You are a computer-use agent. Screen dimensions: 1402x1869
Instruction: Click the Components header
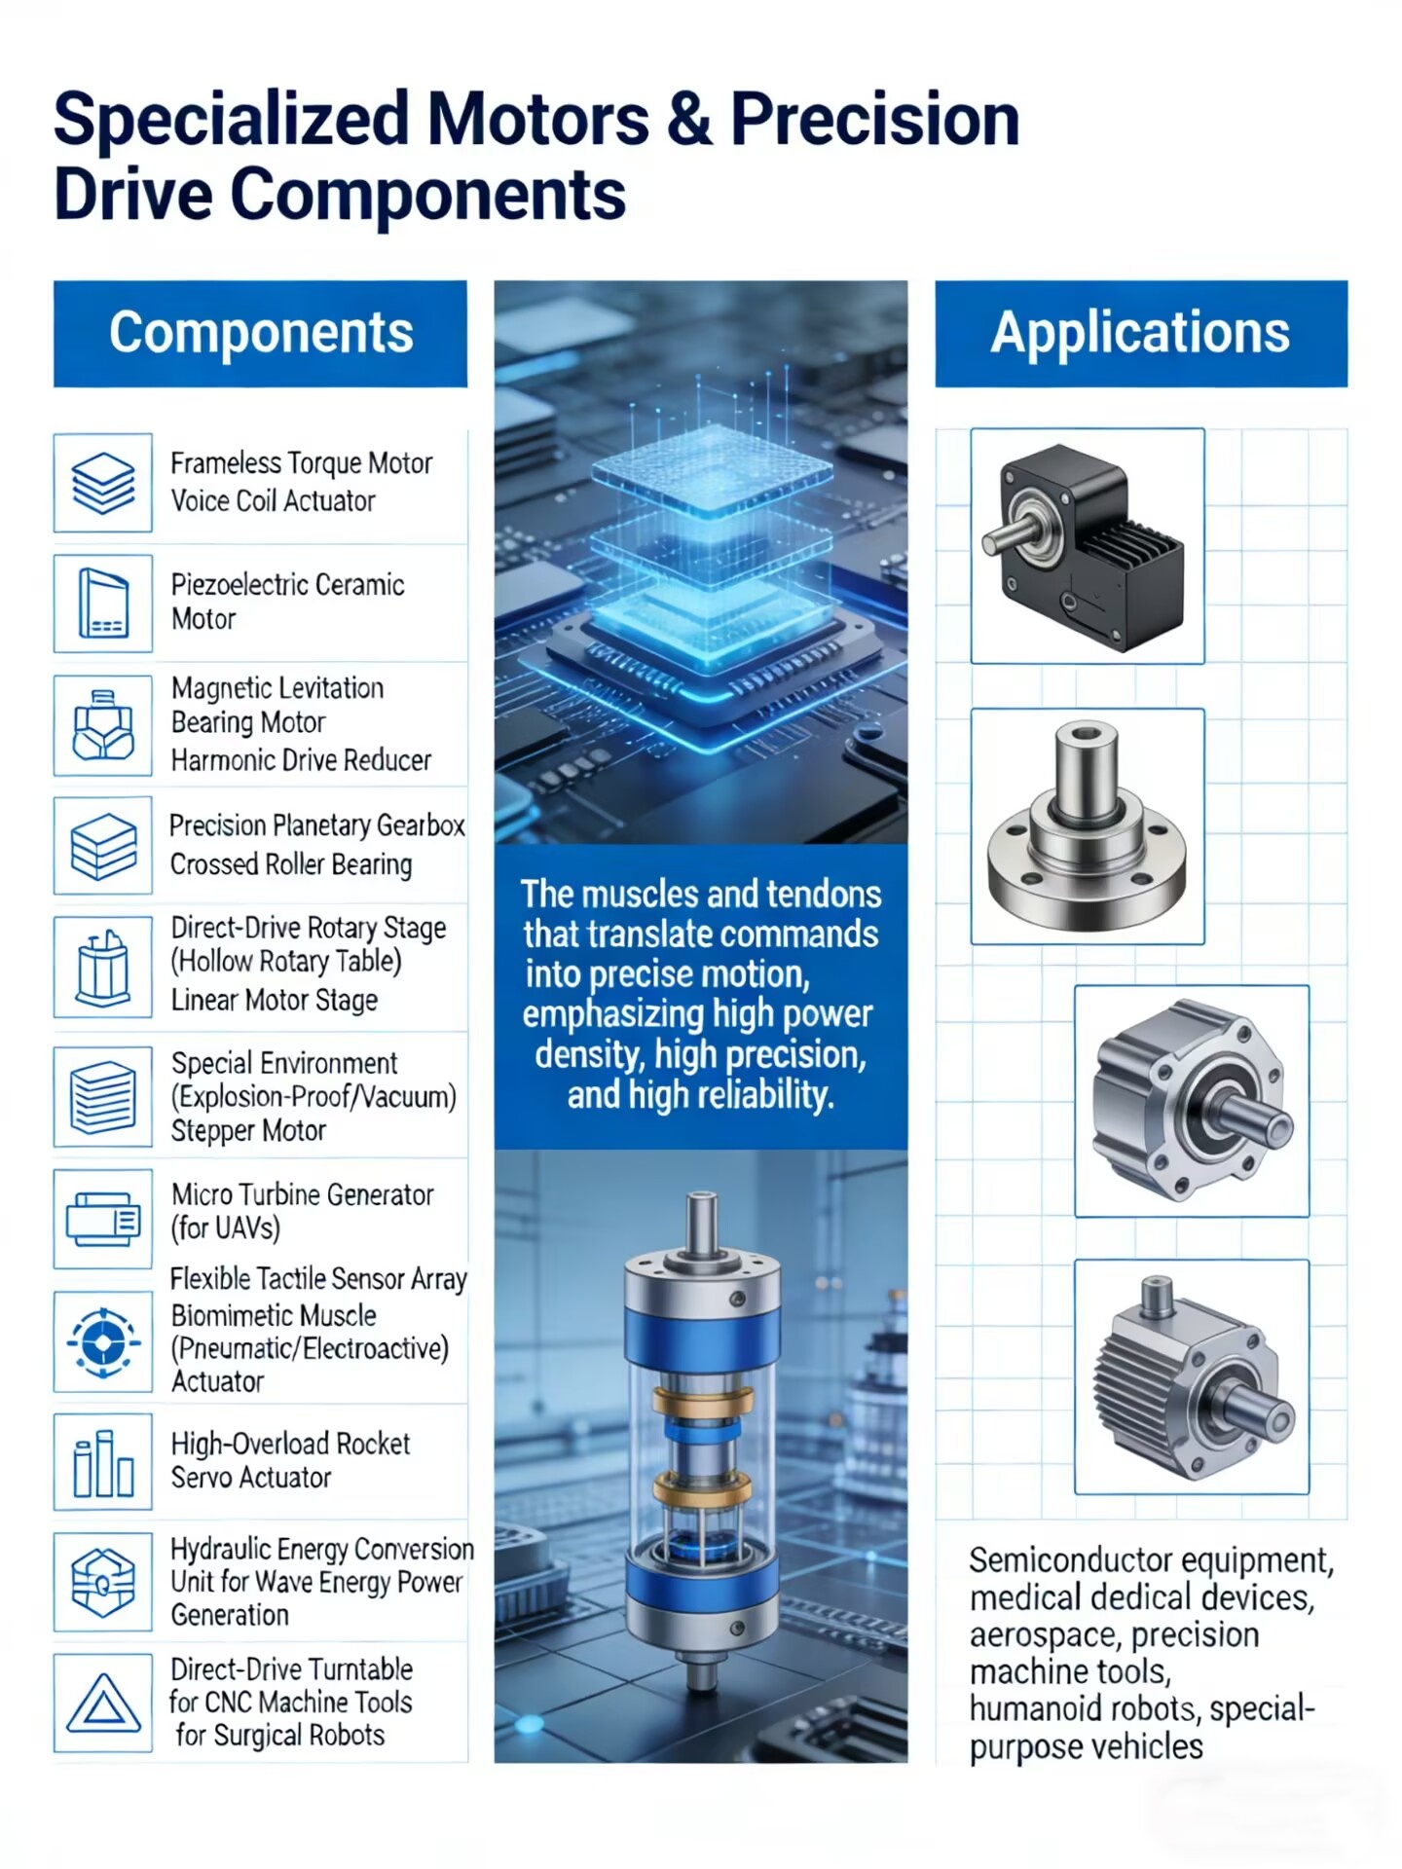(x=260, y=334)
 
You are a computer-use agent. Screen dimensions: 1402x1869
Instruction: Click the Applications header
(x=1141, y=334)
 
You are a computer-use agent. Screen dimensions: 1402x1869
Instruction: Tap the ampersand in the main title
(x=689, y=120)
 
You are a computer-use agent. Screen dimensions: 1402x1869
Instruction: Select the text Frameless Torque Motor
(x=302, y=463)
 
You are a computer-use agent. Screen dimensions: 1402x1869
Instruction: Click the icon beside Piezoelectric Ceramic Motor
(x=103, y=604)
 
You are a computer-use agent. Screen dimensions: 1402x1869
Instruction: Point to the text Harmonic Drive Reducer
(x=301, y=760)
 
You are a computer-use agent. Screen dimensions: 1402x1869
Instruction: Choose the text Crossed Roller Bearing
(x=291, y=864)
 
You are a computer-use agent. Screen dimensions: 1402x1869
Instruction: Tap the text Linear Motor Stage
(x=275, y=1001)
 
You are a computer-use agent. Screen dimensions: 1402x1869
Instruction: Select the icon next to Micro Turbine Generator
(x=103, y=1219)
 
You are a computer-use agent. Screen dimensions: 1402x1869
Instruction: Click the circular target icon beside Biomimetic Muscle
(x=103, y=1342)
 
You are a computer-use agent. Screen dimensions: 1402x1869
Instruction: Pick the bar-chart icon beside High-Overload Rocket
(x=103, y=1462)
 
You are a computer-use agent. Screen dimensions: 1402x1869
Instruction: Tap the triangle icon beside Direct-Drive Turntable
(x=103, y=1704)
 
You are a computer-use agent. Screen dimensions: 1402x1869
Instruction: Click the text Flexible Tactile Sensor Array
(x=318, y=1279)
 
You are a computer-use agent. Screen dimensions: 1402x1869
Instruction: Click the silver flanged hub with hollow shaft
(x=1087, y=826)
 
